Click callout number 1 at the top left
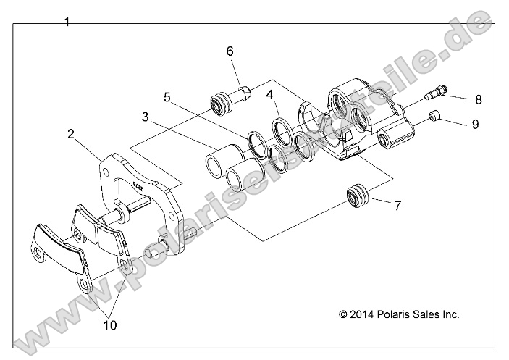click(67, 22)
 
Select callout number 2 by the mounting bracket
click(71, 134)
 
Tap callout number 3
click(146, 117)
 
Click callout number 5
click(167, 96)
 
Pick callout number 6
click(230, 51)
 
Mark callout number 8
click(479, 99)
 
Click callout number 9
click(475, 124)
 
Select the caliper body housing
click(362, 120)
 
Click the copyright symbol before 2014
click(343, 314)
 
